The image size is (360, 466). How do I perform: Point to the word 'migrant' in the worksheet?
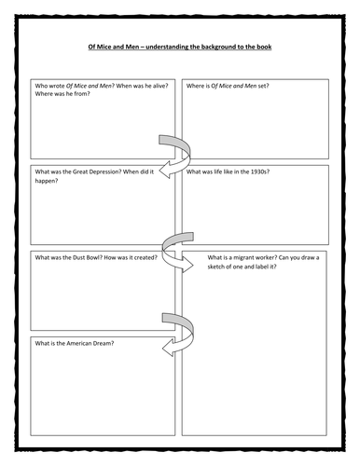click(x=246, y=256)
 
